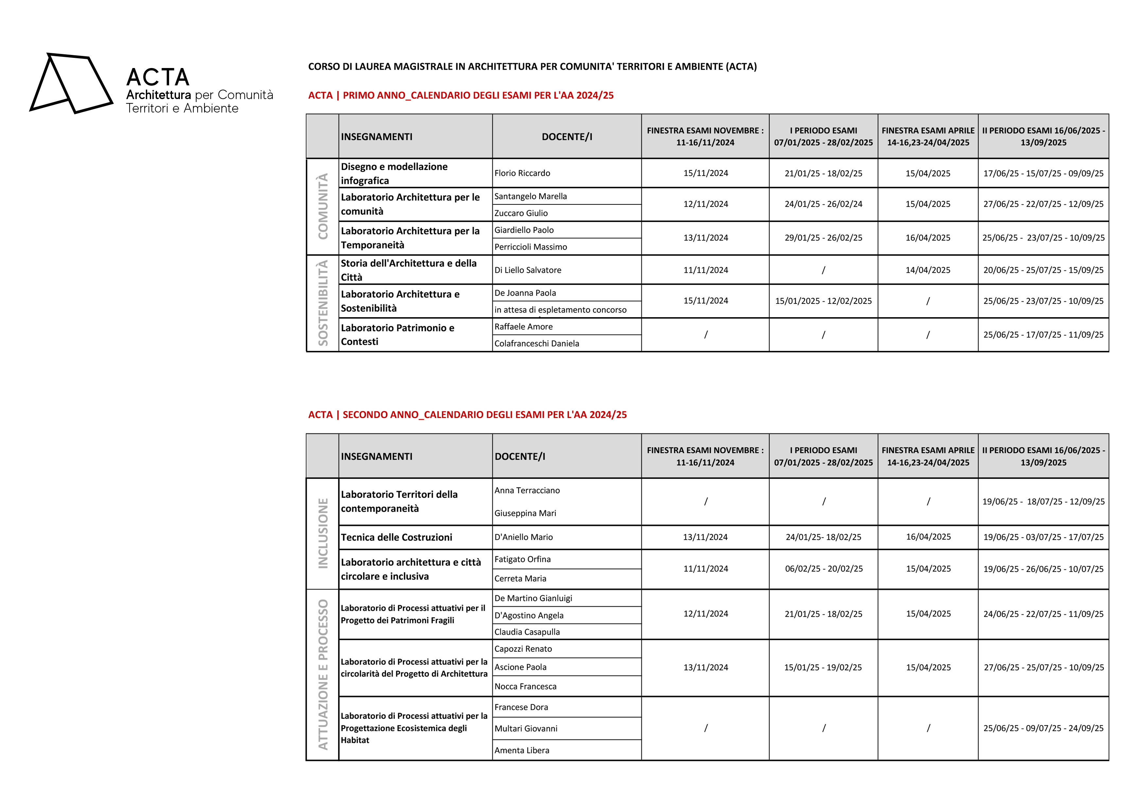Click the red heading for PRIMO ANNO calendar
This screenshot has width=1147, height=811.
[x=460, y=95]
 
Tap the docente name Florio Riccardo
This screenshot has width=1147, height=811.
[x=522, y=173]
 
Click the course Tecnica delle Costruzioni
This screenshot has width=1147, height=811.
[x=396, y=537]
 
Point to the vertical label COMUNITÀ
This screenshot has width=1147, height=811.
[x=323, y=206]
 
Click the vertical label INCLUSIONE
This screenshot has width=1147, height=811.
[x=323, y=533]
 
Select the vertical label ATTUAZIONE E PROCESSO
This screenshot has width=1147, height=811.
[x=323, y=674]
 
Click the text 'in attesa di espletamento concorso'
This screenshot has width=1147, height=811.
[x=560, y=310]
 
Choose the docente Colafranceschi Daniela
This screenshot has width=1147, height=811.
[x=536, y=344]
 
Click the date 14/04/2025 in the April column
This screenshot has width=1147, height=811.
[x=928, y=270]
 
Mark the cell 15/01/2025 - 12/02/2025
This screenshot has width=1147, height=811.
[x=823, y=301]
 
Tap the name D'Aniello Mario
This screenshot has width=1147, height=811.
[x=524, y=537]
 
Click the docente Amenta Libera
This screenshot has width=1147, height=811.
[x=522, y=750]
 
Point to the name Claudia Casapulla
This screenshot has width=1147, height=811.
[x=527, y=632]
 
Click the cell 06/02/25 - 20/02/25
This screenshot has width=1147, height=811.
[x=823, y=569]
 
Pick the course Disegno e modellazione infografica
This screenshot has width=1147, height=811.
[x=394, y=173]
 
